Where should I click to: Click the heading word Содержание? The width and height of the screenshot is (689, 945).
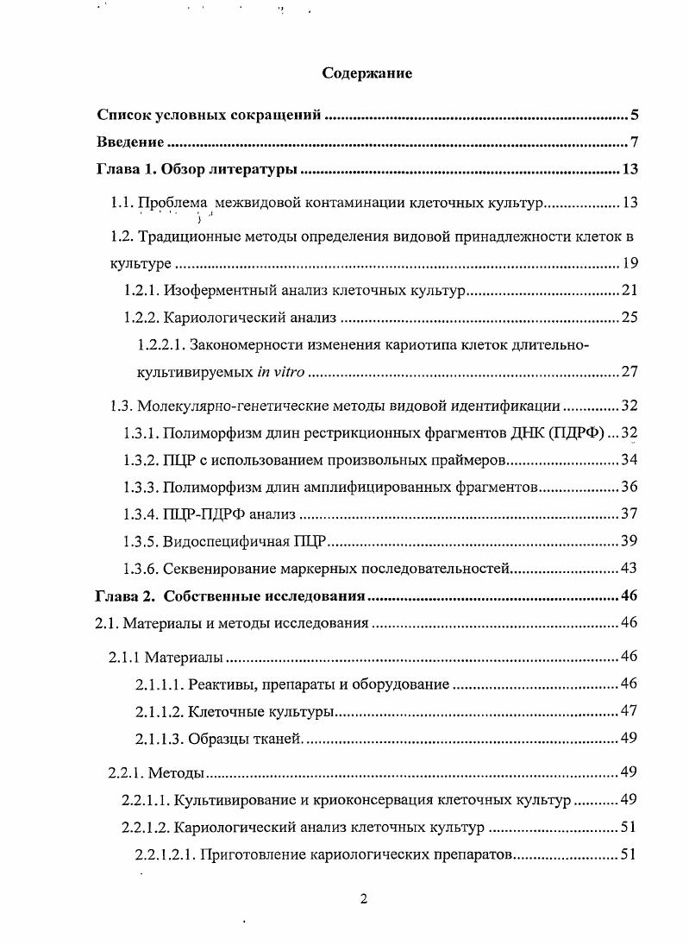point(366,73)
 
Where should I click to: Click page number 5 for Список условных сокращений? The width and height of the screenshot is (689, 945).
point(633,115)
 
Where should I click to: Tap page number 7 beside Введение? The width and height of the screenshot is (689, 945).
point(633,142)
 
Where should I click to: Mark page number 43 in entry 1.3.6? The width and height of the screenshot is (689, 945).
point(629,568)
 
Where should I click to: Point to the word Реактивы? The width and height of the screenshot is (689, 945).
point(219,684)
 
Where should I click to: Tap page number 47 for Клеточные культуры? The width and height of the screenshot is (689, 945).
point(629,712)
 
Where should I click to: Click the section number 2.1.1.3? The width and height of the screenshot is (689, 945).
point(159,739)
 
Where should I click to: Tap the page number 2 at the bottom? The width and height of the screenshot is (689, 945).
point(364,899)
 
